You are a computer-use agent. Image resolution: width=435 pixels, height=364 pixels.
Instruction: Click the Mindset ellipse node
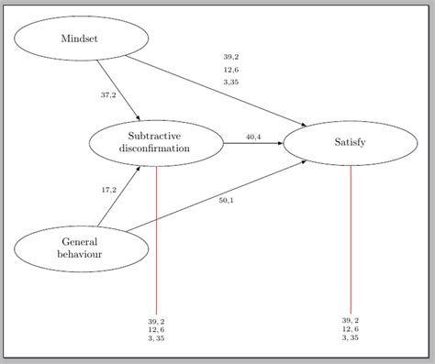pos(80,39)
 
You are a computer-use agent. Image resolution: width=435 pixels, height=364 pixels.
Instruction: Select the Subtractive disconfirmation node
pos(156,142)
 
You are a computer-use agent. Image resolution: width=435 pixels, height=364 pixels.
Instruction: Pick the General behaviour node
pos(80,247)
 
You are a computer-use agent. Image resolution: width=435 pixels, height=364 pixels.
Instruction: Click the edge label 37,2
pos(109,94)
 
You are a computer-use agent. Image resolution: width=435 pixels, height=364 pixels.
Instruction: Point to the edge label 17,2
pos(109,190)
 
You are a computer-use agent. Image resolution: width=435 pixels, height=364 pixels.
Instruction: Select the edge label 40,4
pos(253,137)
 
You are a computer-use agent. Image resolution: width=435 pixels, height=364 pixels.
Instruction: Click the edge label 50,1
pos(226,200)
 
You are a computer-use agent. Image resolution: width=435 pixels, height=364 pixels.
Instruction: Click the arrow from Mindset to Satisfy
pos(216,90)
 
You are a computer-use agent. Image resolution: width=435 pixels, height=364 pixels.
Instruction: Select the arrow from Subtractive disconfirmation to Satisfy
pos(252,143)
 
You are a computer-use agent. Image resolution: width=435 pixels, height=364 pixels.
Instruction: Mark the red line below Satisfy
pos(351,238)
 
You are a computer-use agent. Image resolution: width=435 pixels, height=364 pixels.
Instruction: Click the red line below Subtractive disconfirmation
pos(156,238)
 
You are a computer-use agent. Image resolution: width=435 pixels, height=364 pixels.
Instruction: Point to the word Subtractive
pos(156,136)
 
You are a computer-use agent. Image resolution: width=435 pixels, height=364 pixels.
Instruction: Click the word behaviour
pos(80,253)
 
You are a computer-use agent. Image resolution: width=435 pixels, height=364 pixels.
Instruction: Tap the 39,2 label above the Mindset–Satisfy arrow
pos(231,57)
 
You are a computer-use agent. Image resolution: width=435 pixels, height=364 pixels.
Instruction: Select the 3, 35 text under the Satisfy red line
pos(351,338)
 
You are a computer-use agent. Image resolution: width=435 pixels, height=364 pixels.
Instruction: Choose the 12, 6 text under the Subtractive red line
pos(156,330)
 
